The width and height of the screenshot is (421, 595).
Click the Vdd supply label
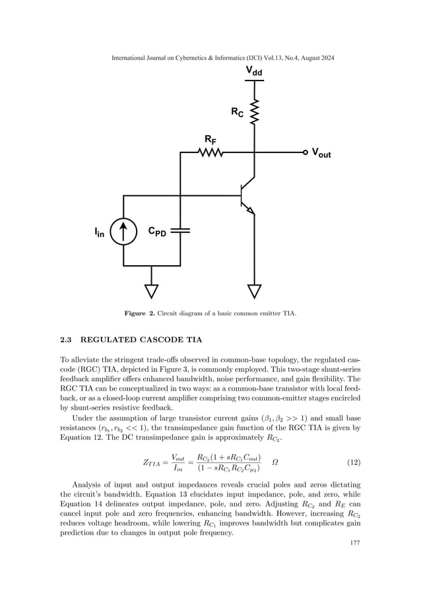253,71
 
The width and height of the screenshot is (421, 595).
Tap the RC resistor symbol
253,113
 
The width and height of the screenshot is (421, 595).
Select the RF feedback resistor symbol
210,152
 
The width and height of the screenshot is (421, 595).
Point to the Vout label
321,154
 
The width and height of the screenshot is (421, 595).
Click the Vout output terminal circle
305,152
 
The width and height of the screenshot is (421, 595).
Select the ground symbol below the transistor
253,290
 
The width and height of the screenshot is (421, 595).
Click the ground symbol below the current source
151,290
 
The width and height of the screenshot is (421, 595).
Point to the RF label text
210,139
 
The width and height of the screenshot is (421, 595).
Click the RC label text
237,113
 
